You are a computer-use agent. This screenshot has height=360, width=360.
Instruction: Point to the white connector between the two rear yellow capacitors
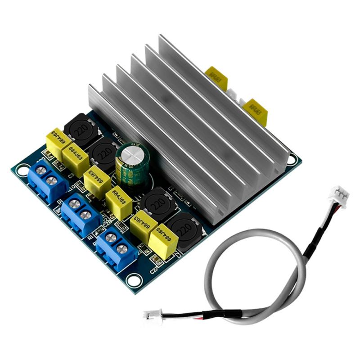[x=234, y=94]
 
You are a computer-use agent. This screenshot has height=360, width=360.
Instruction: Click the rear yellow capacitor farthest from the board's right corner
[x=216, y=78]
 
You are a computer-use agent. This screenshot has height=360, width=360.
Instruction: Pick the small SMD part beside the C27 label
[x=157, y=260]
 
